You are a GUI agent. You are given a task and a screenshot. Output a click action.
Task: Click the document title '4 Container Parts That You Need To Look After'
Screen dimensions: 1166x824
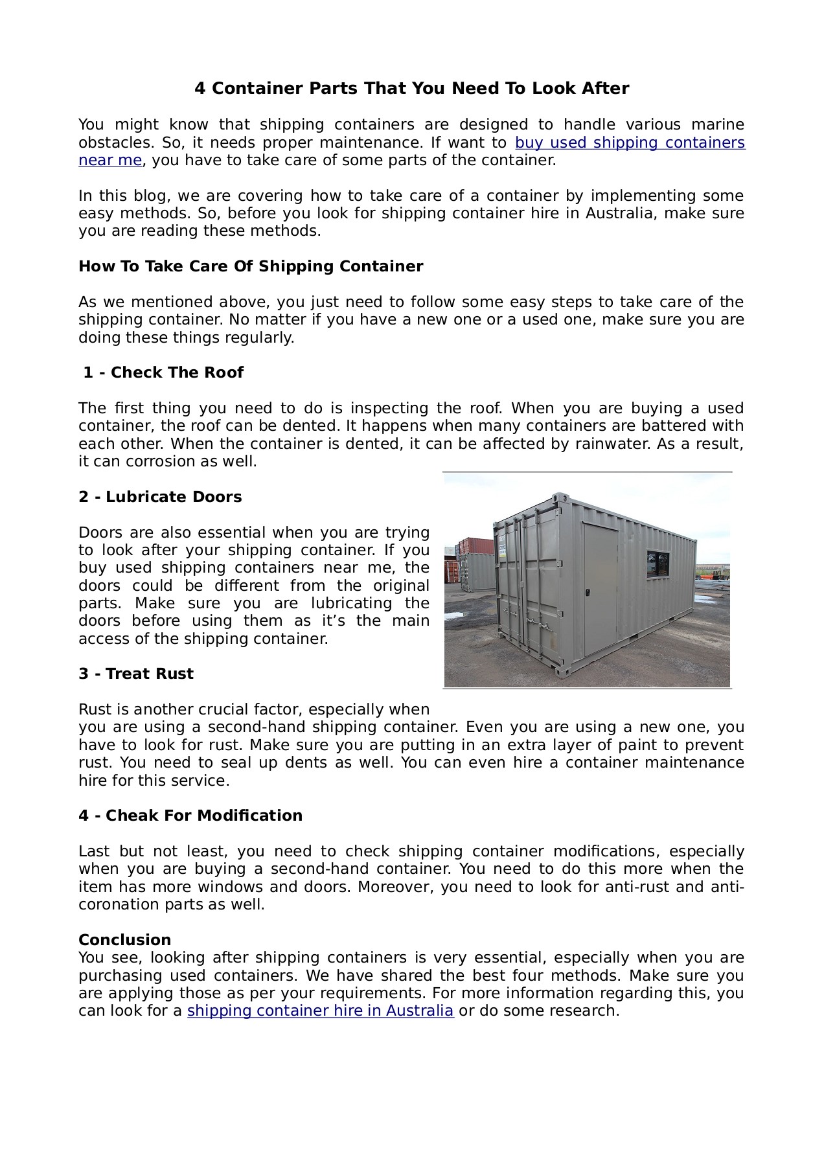click(x=411, y=89)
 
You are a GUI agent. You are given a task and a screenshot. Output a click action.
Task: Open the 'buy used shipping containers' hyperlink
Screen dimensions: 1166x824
click(x=630, y=143)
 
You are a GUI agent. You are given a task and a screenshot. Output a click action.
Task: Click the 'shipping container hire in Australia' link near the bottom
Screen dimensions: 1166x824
click(x=320, y=1011)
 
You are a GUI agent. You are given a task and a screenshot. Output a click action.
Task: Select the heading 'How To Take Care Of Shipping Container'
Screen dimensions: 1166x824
click(x=251, y=267)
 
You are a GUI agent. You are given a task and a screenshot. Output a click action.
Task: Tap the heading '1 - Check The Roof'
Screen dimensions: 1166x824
click(x=163, y=373)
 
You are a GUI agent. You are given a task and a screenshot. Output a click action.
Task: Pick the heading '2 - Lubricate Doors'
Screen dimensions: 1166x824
click(x=160, y=497)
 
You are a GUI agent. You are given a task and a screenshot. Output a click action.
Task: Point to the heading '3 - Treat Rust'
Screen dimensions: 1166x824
click(x=136, y=674)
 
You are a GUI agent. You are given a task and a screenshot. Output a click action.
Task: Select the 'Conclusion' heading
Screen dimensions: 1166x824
click(x=125, y=940)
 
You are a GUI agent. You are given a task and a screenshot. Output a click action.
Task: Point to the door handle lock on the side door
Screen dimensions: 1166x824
click(x=587, y=593)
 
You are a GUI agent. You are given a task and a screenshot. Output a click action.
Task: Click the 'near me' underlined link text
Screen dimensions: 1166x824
click(x=110, y=161)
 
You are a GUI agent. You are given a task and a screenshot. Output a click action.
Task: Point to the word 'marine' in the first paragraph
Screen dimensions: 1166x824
click(x=718, y=125)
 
